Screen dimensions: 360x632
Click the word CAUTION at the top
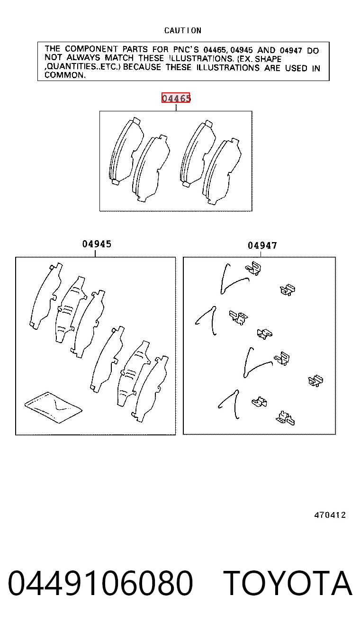(x=183, y=30)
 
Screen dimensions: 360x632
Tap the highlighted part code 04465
(x=176, y=98)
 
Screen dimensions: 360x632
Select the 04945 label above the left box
(x=97, y=244)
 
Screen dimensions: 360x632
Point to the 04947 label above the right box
(x=262, y=245)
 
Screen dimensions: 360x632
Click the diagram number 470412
(x=330, y=515)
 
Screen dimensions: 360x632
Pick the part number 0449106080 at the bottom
(x=100, y=583)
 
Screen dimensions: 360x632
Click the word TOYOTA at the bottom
(x=288, y=583)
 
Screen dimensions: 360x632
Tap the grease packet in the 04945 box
(x=54, y=407)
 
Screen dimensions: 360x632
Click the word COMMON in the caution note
(x=64, y=75)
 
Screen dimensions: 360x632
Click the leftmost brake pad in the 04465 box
(x=126, y=151)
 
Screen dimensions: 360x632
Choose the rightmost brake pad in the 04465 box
(x=222, y=171)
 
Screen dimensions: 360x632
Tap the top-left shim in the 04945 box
(x=46, y=296)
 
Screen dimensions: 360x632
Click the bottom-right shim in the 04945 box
(x=150, y=389)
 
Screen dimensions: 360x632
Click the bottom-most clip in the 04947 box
(x=285, y=418)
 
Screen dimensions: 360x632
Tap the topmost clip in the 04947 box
(x=253, y=268)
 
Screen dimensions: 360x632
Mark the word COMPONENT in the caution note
(x=91, y=49)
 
